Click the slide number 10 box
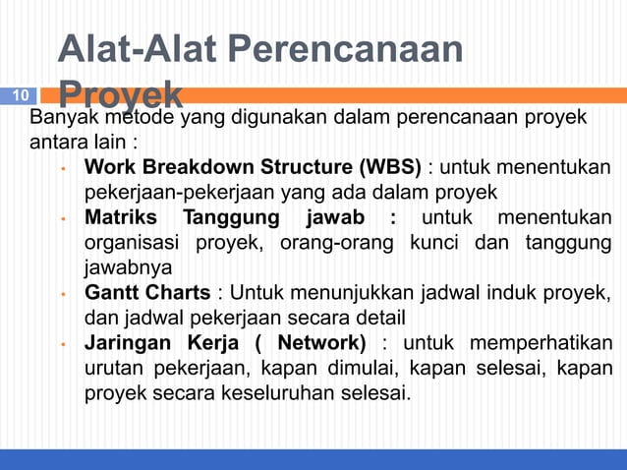coord(22,95)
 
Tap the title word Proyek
coord(120,94)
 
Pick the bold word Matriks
coord(119,216)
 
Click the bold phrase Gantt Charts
coord(146,293)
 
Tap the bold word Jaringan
coord(128,344)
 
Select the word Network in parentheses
coord(313,344)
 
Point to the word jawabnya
coord(128,267)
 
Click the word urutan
coord(113,370)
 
